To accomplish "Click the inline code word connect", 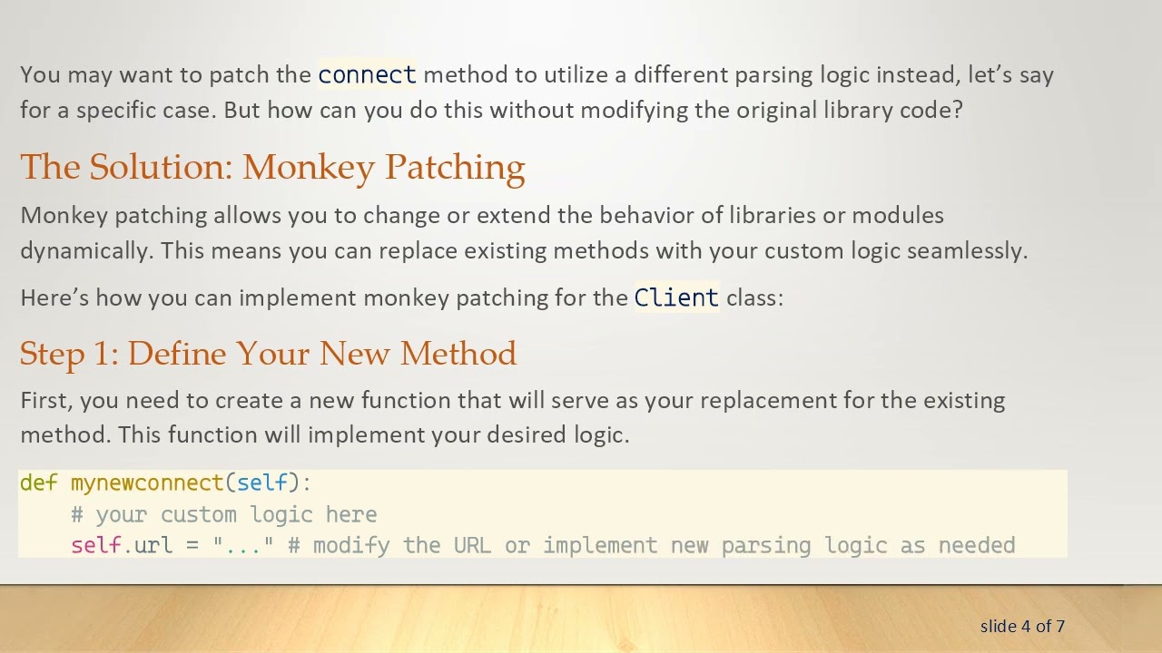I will coord(367,74).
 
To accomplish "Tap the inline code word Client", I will coord(676,297).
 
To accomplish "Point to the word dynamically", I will coord(86,251).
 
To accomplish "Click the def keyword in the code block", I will coord(38,483).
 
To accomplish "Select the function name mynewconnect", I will coord(147,483).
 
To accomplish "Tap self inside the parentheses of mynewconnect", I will coord(262,483).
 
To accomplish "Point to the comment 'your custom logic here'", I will coord(235,515).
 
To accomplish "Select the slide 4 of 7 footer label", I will coord(1022,626).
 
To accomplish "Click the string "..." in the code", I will coord(243,546).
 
